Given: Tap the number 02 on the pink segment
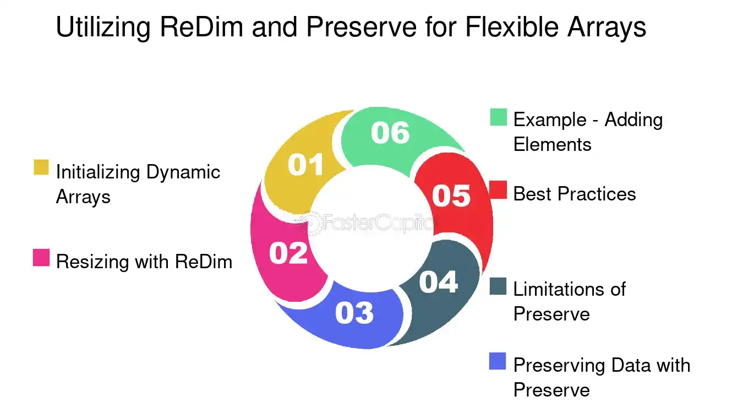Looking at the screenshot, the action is [288, 253].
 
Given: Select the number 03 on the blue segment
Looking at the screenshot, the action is [354, 313].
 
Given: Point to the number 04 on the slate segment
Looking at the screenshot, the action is [439, 282].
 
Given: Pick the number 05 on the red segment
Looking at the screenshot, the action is [451, 196].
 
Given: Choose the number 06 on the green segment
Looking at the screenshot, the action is [390, 133].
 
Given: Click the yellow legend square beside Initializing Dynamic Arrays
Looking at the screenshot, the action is [41, 167].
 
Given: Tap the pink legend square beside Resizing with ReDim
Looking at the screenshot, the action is [41, 258].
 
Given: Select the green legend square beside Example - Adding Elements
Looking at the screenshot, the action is [499, 117].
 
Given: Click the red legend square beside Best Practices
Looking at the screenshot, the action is [499, 190].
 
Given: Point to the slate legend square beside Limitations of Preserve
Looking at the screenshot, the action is [498, 286].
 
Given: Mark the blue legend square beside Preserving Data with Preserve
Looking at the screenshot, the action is [498, 361].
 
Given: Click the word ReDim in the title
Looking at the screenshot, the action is [201, 26].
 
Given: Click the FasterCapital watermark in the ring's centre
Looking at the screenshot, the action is [364, 222].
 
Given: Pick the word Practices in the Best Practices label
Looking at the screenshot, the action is [597, 194].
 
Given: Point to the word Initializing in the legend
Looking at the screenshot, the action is [98, 173].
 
